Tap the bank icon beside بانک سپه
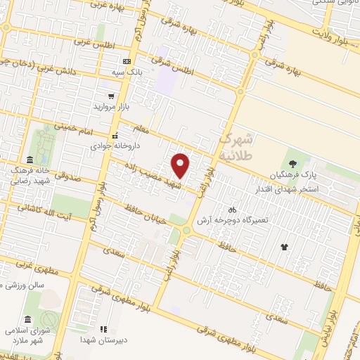[126, 61]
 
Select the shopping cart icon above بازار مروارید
[110, 96]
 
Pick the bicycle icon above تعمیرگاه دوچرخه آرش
[232, 210]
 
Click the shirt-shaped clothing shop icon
[284, 247]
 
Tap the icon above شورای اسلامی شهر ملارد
[27, 319]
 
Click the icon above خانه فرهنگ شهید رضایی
[30, 160]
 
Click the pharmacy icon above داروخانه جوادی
[115, 136]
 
